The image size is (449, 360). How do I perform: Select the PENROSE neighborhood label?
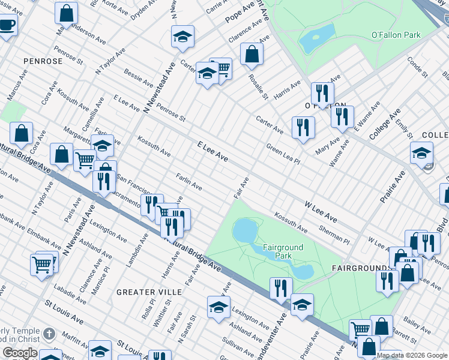coord(43,61)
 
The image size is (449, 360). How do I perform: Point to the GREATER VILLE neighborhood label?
coord(145,292)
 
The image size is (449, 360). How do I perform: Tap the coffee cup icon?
coord(7,25)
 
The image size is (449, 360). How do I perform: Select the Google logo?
coord(20,353)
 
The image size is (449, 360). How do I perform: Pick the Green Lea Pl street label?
coord(283,154)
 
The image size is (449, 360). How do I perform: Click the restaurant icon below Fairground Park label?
coord(280,288)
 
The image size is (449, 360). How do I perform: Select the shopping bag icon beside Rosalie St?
coord(252,53)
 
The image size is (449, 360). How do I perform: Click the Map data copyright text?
coord(412,355)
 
